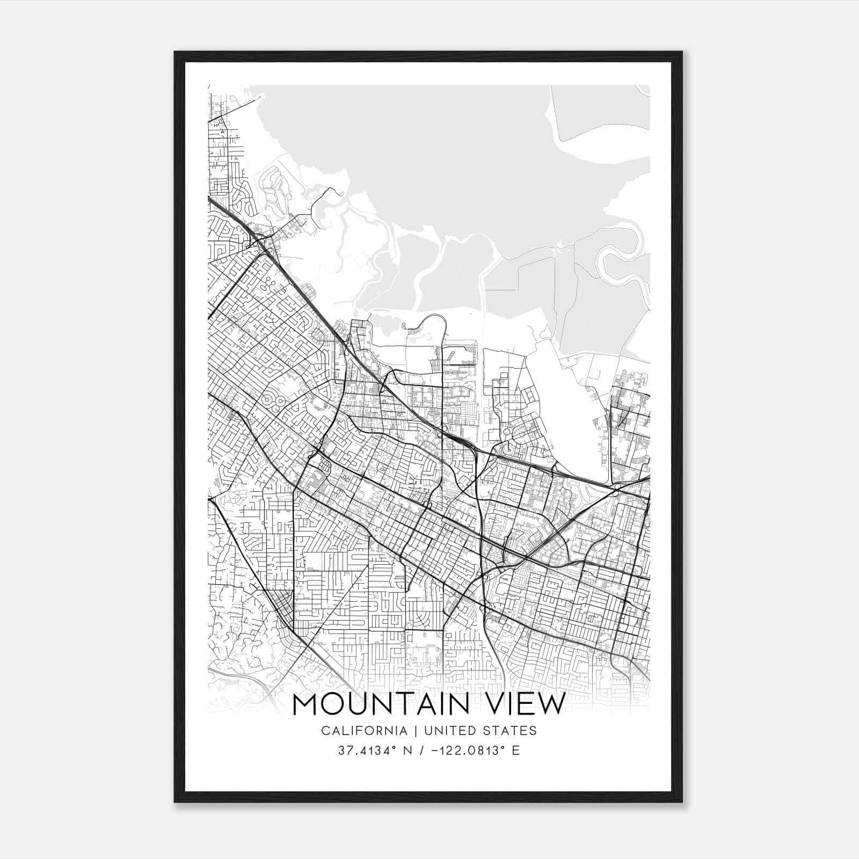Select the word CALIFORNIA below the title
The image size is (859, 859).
[363, 731]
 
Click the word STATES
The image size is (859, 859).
[512, 731]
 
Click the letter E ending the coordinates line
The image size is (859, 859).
[516, 751]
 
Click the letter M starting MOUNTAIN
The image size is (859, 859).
[307, 704]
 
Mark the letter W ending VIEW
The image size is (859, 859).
[551, 704]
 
